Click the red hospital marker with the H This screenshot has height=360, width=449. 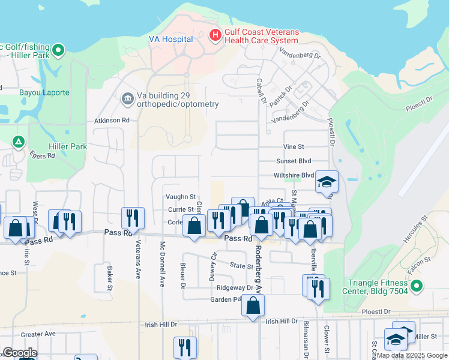215,36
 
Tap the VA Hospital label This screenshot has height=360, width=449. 171,40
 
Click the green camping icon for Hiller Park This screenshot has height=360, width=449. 19,142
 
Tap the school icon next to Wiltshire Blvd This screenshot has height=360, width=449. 327,182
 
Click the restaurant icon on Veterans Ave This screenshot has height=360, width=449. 133,218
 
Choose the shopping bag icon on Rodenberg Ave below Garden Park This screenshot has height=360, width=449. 253,305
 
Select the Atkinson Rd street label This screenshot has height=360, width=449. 112,121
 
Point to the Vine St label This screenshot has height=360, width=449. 294,146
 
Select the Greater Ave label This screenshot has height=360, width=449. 38,334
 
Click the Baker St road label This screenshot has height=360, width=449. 110,278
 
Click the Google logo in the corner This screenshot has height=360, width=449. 20,353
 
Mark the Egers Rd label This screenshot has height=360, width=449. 42,155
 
